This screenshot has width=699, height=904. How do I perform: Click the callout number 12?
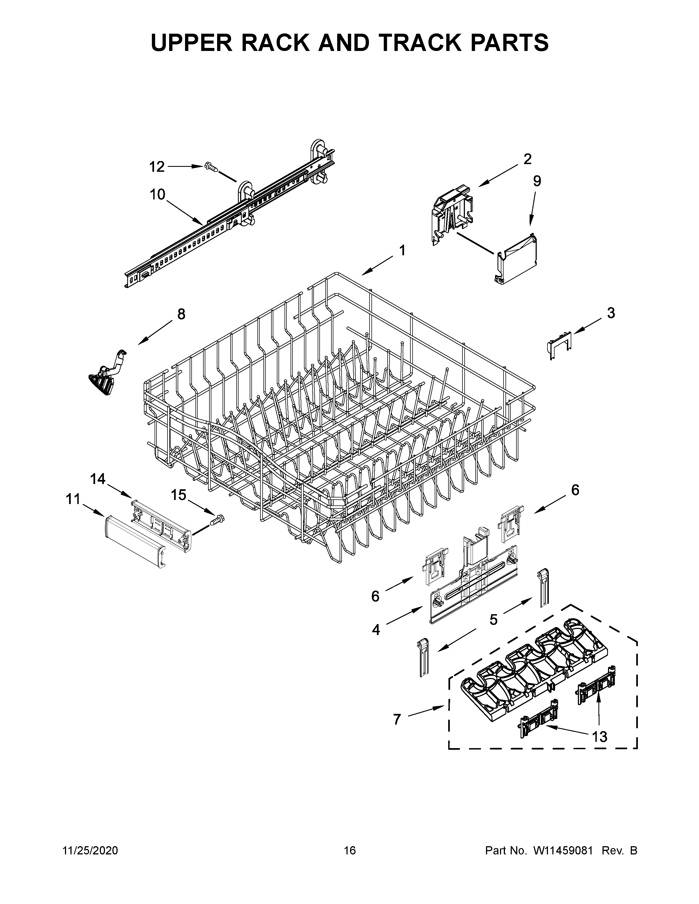157,167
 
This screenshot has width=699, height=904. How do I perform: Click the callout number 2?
527,159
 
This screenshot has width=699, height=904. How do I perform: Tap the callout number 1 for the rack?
402,250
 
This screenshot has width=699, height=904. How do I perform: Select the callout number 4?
376,630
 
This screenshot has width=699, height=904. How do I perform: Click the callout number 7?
397,719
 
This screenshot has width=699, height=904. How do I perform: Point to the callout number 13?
599,737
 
